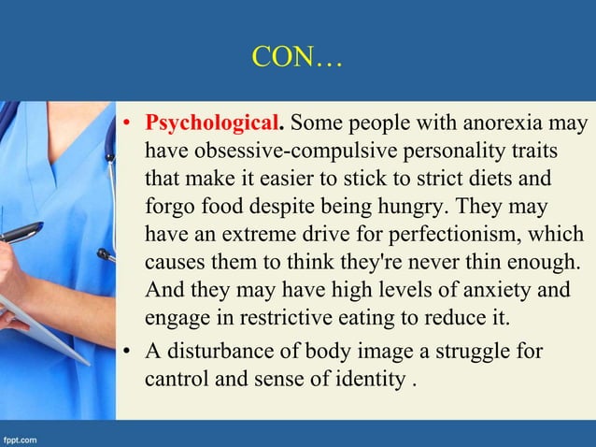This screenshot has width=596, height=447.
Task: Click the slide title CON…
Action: tap(297, 59)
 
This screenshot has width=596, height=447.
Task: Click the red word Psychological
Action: tap(213, 123)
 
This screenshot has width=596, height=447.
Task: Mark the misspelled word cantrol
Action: tap(177, 381)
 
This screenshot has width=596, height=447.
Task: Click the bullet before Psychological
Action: tap(131, 124)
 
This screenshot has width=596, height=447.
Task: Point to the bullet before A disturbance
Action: tap(131, 353)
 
